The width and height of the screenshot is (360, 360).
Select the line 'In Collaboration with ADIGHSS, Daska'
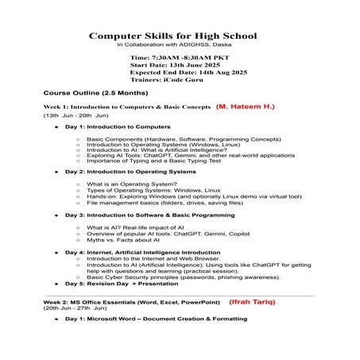pyautogui.click(x=180, y=45)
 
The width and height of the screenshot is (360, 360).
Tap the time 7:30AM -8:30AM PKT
pyautogui.click(x=172, y=59)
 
